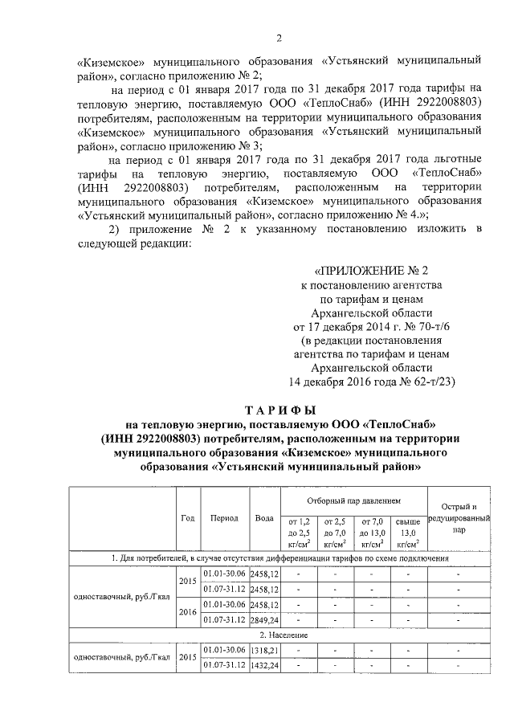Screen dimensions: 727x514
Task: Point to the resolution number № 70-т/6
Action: tap(427, 329)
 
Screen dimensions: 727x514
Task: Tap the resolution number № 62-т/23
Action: tap(427, 382)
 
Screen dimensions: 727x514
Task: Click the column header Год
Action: tap(187, 518)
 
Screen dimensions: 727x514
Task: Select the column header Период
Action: tap(224, 518)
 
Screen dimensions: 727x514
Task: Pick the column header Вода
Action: tap(263, 518)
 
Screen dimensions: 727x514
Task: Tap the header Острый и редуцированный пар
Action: tap(459, 518)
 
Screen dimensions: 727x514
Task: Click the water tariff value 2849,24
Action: tap(264, 619)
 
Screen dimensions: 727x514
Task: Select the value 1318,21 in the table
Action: tap(264, 649)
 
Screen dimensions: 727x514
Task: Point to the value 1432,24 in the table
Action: tap(264, 665)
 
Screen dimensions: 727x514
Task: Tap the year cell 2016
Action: tap(187, 611)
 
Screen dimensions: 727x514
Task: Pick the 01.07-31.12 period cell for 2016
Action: tap(224, 619)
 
